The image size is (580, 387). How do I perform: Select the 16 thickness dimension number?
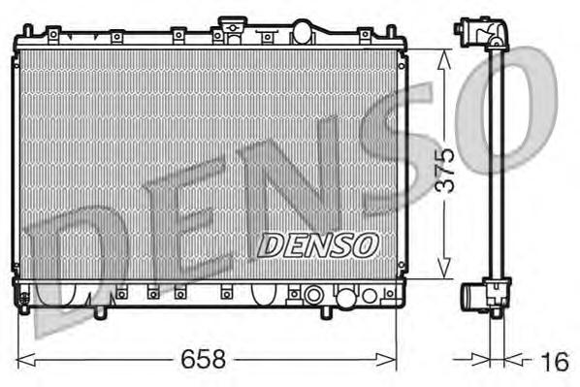click(x=552, y=362)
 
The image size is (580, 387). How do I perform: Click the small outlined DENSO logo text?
click(x=317, y=244)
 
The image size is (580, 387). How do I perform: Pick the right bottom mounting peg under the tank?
click(x=326, y=312)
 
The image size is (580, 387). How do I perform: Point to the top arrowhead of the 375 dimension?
click(x=443, y=56)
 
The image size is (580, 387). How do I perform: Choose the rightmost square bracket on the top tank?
click(x=365, y=37)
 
